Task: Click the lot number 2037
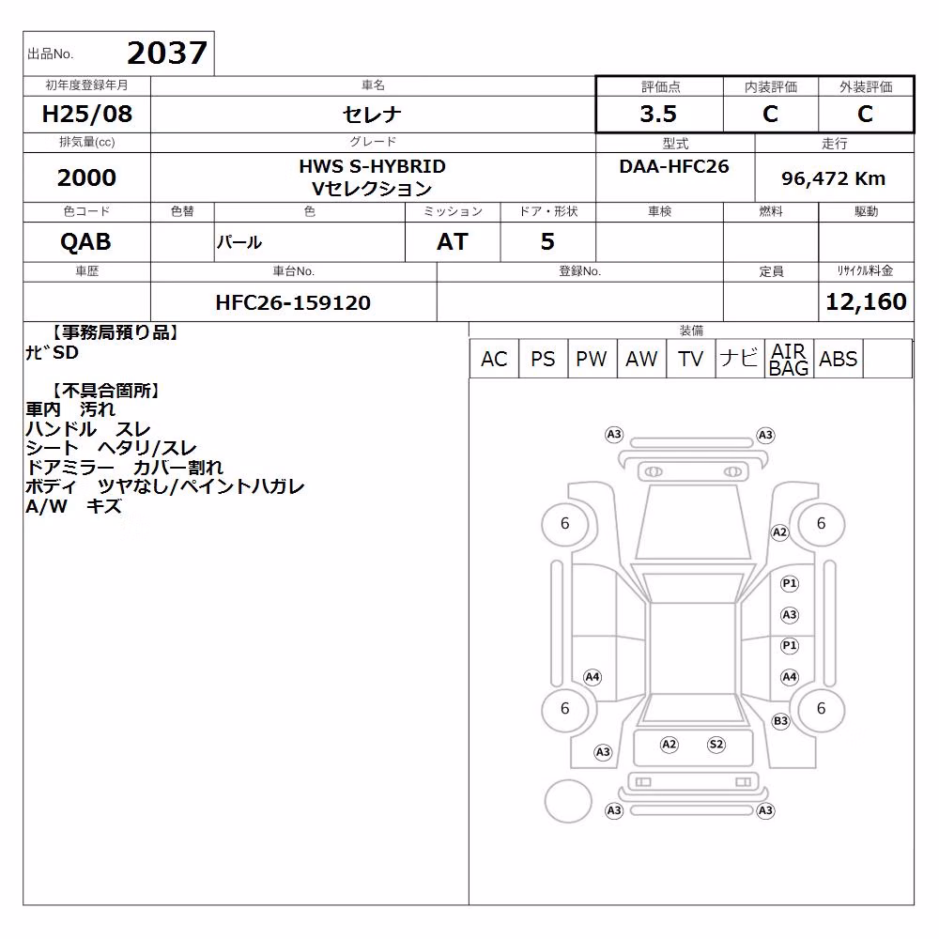click(167, 53)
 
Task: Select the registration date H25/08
click(86, 114)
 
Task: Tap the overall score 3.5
click(658, 114)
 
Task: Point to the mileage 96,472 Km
click(833, 178)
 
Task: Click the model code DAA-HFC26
click(674, 166)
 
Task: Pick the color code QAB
click(85, 242)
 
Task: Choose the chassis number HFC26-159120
click(293, 303)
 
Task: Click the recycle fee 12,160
click(866, 301)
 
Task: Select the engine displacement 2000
click(86, 177)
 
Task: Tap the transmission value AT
click(453, 242)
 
